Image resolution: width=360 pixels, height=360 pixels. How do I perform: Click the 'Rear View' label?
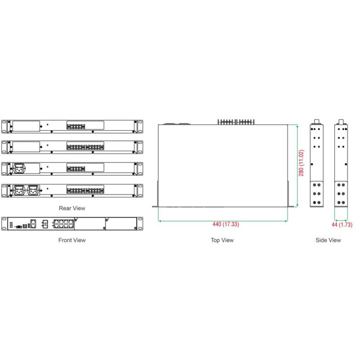point(72,208)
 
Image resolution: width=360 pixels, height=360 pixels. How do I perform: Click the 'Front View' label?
point(72,240)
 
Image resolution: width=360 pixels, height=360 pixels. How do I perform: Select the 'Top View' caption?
point(222,240)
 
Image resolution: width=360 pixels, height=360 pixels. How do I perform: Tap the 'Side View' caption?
point(328,240)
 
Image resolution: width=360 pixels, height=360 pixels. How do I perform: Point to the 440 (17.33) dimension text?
point(226,224)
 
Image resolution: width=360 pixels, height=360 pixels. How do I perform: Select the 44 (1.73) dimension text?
point(341,224)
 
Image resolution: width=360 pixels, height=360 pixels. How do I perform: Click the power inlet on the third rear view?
point(19,169)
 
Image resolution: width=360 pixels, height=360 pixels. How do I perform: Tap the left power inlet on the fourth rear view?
point(19,190)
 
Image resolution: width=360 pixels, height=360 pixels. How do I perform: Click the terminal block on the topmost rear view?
point(75,127)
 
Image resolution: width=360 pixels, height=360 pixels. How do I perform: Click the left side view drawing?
point(316,165)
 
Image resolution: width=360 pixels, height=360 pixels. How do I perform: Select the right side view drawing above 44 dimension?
point(341,165)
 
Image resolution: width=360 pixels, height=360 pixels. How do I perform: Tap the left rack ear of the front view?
point(4,224)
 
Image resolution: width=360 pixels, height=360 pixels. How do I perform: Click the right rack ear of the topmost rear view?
point(140,127)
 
